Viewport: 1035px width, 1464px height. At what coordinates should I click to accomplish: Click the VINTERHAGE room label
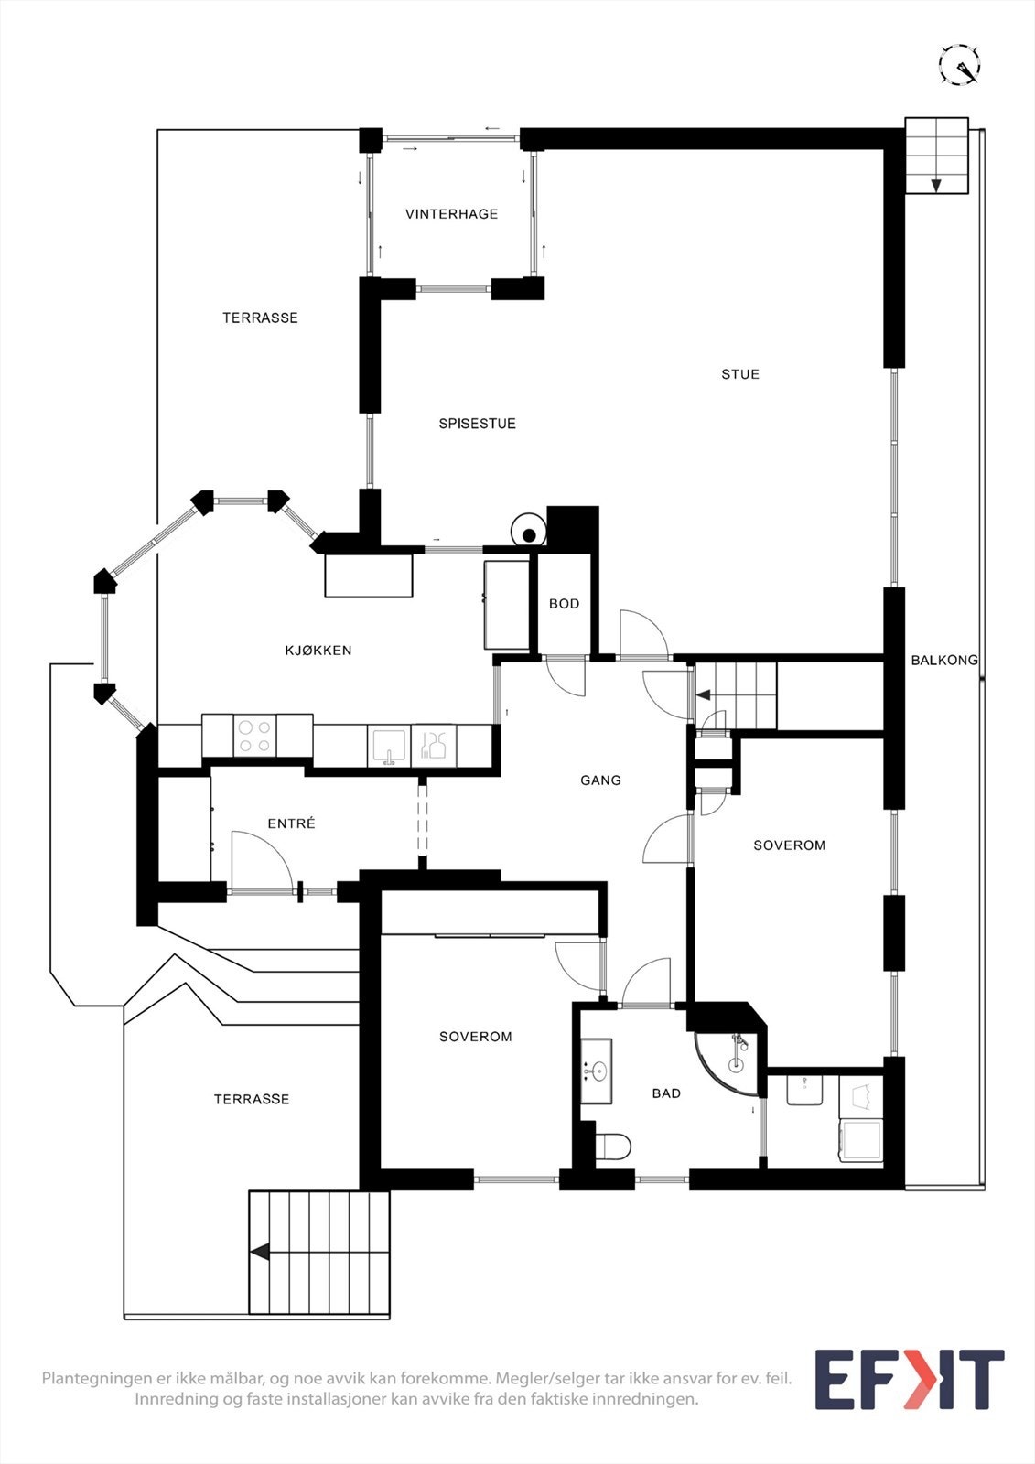click(451, 214)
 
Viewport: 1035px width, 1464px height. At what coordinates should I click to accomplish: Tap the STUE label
click(740, 374)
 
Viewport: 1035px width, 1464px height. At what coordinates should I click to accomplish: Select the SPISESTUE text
click(478, 424)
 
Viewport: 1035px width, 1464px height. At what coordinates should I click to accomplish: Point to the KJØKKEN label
click(318, 651)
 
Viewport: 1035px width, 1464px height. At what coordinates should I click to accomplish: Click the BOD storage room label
click(565, 604)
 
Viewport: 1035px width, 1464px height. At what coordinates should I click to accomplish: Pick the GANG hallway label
click(601, 780)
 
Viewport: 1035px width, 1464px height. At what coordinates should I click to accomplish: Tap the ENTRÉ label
click(292, 823)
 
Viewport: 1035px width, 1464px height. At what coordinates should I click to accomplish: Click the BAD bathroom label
click(666, 1093)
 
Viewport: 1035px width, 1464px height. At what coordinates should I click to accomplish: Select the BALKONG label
click(944, 660)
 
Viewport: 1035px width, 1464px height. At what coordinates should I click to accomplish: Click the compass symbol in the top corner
click(960, 65)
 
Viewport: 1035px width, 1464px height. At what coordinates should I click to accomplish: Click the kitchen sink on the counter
click(390, 746)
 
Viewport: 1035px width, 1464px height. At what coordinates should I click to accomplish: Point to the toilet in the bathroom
click(614, 1146)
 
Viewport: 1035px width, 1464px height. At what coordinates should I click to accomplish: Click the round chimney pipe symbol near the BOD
click(529, 535)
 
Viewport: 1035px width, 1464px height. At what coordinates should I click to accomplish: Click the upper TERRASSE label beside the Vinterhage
click(260, 318)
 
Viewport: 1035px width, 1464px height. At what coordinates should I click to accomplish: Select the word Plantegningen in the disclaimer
click(95, 1378)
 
